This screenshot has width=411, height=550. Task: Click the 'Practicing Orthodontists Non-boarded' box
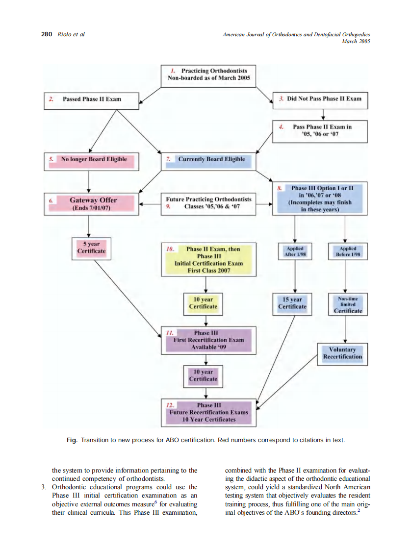[x=208, y=76]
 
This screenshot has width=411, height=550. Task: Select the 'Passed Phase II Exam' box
[x=92, y=100]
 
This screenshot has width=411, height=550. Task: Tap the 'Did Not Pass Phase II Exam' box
[x=319, y=100]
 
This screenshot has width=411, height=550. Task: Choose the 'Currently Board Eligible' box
[x=208, y=160]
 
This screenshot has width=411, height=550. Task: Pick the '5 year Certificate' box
[x=91, y=248]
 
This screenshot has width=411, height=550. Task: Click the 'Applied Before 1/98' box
[x=347, y=252]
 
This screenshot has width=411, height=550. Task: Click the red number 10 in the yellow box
[x=170, y=249]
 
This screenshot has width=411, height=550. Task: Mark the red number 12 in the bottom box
[x=170, y=405]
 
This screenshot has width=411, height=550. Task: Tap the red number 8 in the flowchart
[x=279, y=188]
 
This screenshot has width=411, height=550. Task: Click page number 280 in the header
[x=46, y=34]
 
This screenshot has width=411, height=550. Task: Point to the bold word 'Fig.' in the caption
[x=72, y=440]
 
